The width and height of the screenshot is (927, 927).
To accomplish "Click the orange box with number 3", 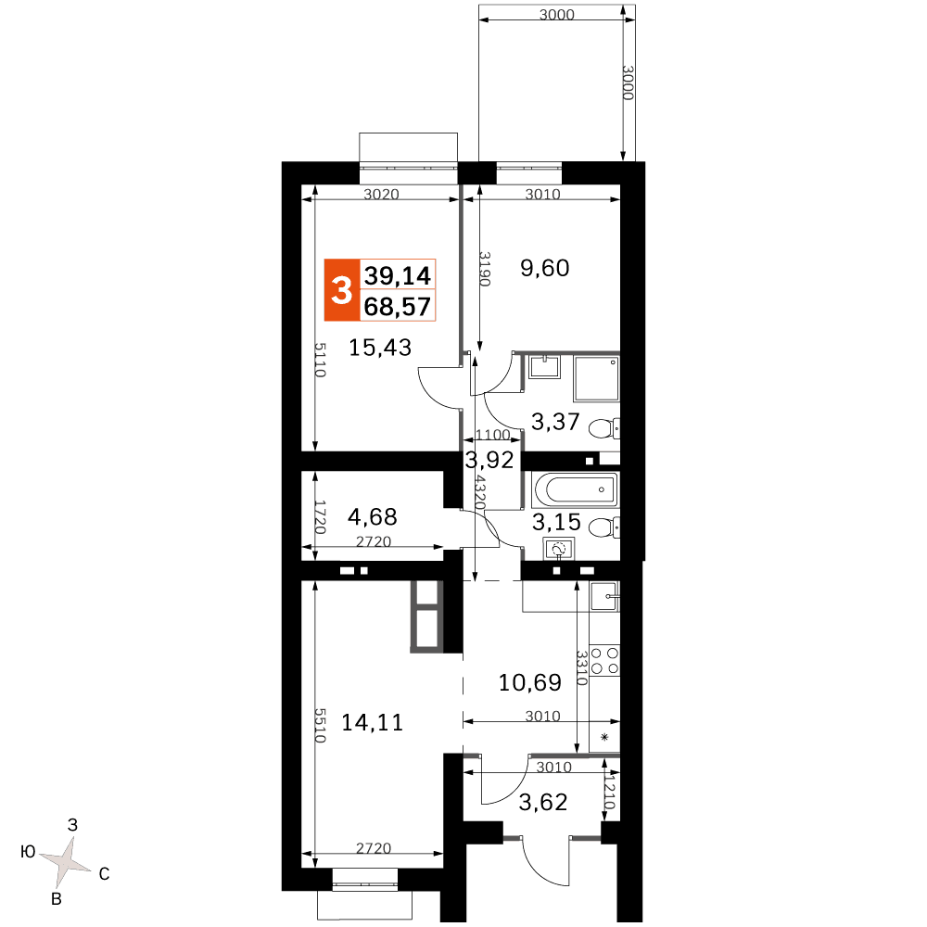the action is point(342,289).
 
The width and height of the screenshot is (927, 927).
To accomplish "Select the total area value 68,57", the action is point(398,306).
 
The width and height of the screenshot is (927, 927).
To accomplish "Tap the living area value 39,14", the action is point(398,275).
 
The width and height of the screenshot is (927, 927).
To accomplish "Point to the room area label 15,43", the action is point(379,347).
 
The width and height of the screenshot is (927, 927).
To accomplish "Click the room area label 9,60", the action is point(544,268).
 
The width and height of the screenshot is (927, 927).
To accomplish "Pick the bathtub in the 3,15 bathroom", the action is point(576,489).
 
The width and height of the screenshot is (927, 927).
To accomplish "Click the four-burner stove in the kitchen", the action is point(604,661).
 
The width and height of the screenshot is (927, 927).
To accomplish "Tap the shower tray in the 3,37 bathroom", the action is point(596,378).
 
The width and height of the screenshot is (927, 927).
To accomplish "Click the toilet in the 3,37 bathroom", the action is point(604,428).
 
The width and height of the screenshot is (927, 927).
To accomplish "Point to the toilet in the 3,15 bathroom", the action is point(604,527).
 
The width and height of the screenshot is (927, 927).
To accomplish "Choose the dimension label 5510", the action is point(319,726).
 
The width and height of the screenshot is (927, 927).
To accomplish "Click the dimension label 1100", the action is point(493,435).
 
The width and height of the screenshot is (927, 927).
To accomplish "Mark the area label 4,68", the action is point(373,516).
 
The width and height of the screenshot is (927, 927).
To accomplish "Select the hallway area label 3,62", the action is point(542,802).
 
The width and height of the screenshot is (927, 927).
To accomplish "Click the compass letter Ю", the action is point(28,851).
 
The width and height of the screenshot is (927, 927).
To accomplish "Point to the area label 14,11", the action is point(373,722).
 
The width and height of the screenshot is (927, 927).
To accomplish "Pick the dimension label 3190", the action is point(484,269).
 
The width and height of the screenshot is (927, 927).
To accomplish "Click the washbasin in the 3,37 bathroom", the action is point(544,366).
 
